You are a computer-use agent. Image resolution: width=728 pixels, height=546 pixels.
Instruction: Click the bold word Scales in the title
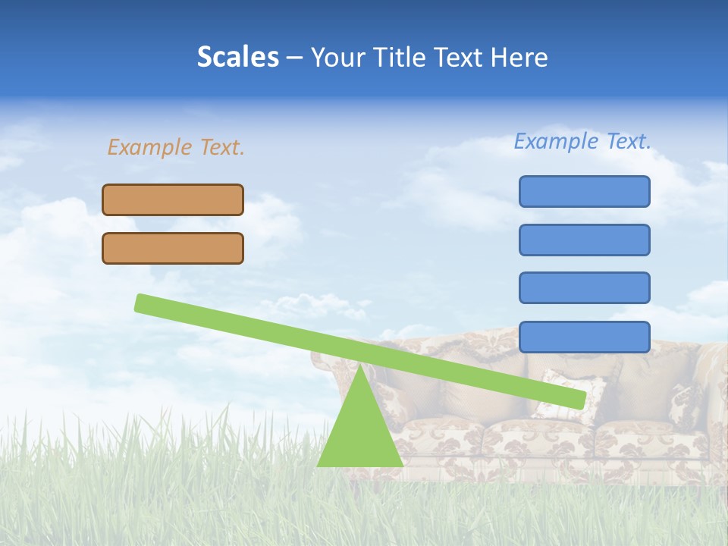[237, 58]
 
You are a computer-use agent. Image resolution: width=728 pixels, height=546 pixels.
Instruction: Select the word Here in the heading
[519, 58]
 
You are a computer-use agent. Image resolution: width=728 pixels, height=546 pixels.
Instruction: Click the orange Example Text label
[176, 147]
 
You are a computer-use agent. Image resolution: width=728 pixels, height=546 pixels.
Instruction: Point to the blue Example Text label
[582, 141]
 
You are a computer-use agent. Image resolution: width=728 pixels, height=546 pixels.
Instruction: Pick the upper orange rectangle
[173, 199]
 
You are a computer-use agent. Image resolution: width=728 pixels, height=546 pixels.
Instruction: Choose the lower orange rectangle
[173, 248]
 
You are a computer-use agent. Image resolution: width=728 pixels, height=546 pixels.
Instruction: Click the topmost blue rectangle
[584, 191]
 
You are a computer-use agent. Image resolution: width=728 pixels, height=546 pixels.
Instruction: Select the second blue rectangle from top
[584, 240]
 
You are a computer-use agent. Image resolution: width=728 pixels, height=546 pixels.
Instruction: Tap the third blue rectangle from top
[584, 288]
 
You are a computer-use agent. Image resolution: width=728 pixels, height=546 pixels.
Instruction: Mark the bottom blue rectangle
[584, 337]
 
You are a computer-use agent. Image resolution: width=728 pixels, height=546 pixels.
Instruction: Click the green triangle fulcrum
[359, 432]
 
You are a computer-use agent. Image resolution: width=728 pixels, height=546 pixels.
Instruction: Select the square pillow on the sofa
[565, 394]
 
